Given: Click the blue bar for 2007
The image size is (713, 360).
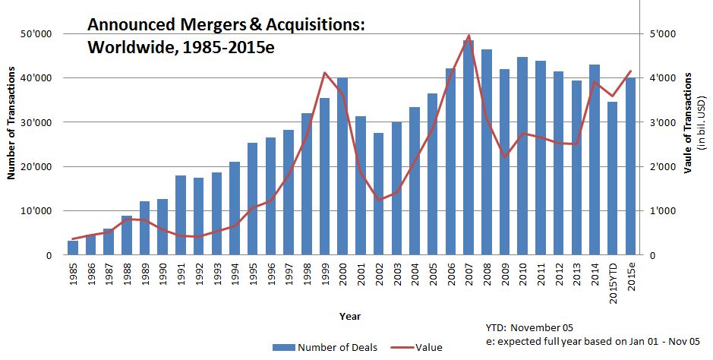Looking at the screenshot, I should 468,148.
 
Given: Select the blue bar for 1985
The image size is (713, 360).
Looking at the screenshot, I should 73,248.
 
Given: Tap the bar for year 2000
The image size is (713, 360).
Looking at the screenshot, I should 342,166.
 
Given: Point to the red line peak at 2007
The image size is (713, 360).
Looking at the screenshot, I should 468,36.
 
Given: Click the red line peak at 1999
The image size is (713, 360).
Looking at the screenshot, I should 325,73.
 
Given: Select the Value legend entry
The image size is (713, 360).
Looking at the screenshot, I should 428,348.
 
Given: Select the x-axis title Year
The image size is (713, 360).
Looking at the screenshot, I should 350,315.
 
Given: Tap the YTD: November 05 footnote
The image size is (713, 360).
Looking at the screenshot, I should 531,327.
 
